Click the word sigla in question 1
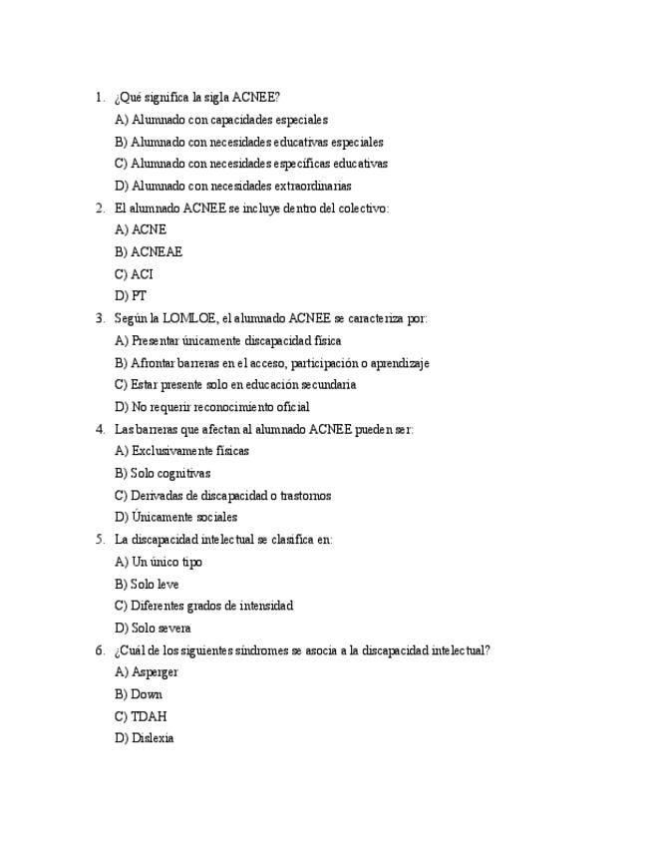click(x=214, y=98)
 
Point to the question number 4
click(x=100, y=429)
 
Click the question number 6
click(x=100, y=650)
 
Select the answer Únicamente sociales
click(x=175, y=518)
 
